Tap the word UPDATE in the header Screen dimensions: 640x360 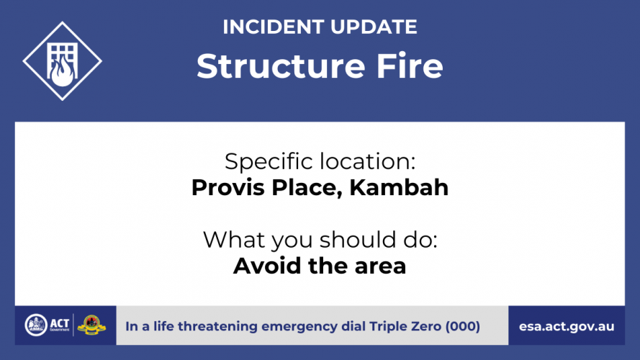374,27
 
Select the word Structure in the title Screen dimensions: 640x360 281,66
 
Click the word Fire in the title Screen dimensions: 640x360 410,66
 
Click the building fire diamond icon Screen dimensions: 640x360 62,60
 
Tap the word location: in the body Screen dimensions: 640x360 368,161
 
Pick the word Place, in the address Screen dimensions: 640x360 307,189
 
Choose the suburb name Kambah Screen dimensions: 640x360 399,188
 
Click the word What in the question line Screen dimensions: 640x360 234,240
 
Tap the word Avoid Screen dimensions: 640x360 267,266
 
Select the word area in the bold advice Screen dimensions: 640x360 380,267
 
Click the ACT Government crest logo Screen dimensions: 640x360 36,325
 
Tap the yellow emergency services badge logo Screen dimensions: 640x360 91,325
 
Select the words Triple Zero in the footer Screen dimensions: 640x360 405,327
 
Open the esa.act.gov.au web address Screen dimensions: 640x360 567,327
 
